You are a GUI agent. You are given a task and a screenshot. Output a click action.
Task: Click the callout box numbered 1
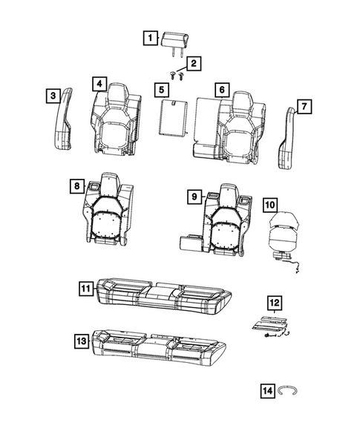[151, 37]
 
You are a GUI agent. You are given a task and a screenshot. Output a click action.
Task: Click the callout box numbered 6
[220, 90]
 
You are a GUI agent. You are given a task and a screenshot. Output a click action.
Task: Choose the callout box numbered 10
[270, 203]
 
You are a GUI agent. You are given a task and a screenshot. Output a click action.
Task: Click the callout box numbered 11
[86, 286]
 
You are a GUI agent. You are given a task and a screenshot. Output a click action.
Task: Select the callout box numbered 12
[274, 302]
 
